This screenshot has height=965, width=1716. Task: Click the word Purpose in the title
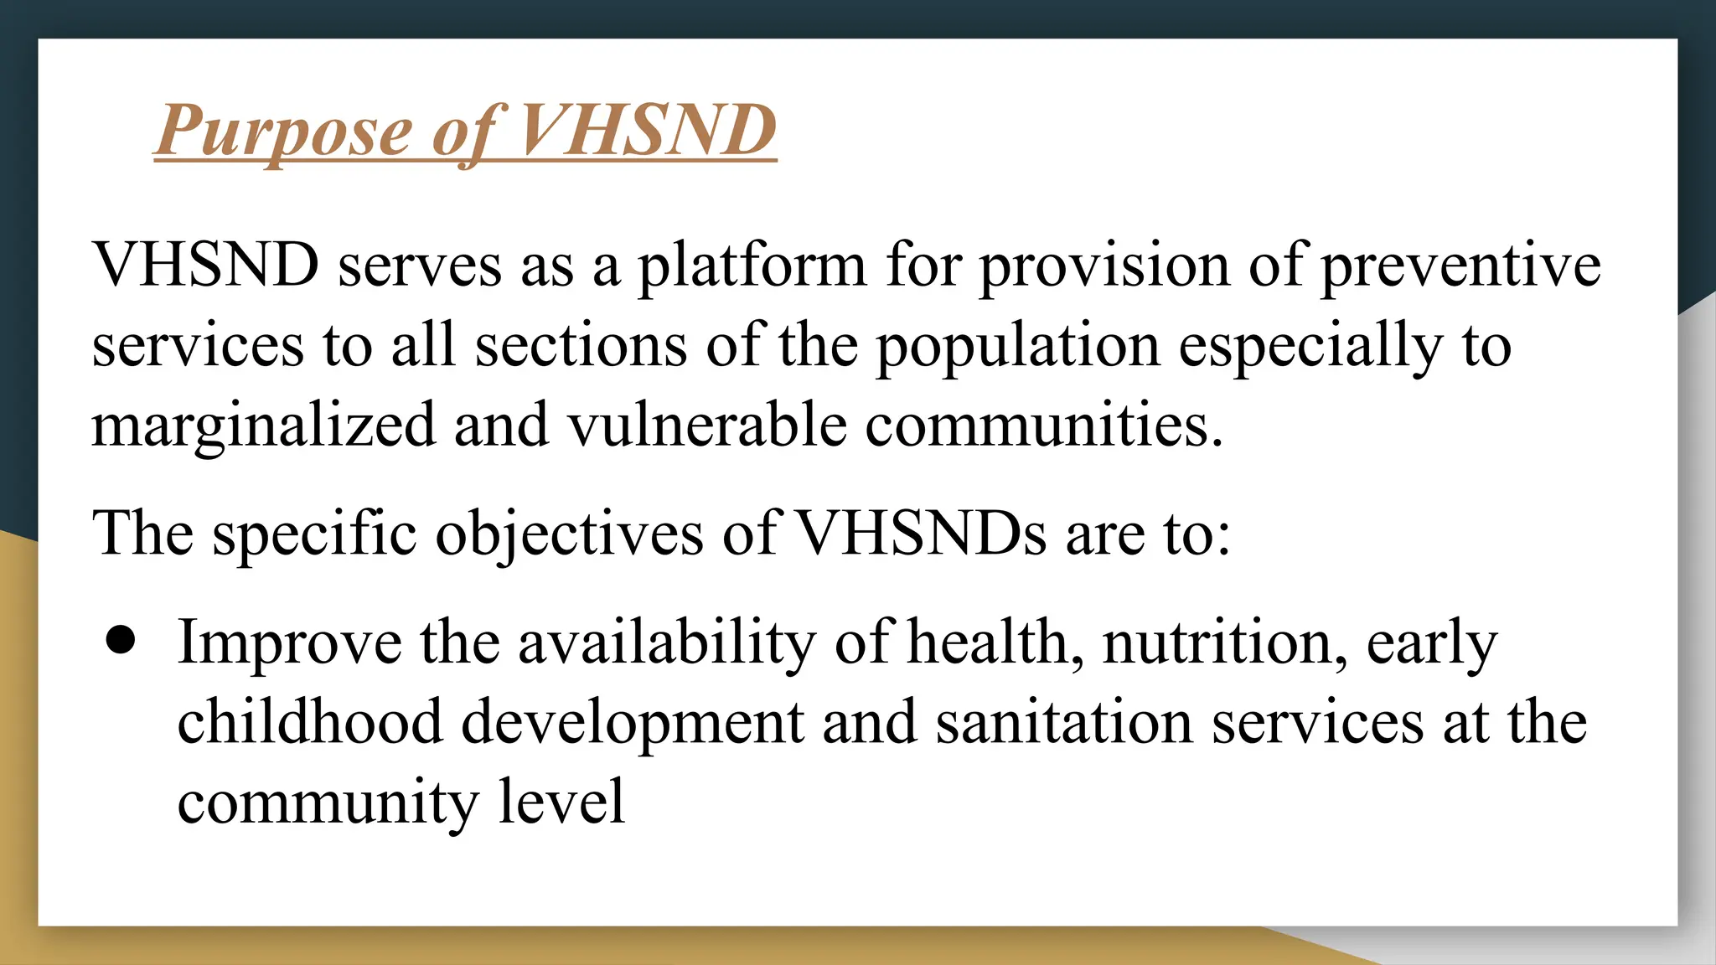pos(283,132)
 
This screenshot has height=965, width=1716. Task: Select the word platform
pos(752,266)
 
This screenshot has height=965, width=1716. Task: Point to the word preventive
pos(1460,266)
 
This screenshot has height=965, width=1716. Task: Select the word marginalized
pos(263,426)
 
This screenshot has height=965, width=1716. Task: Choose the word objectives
pos(569,534)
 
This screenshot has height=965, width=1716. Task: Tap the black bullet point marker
pos(121,641)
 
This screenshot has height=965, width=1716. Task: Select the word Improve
pos(289,643)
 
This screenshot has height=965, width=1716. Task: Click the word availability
pos(666,643)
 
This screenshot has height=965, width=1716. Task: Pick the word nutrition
pos(1224,642)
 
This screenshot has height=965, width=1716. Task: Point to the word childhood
pos(309,722)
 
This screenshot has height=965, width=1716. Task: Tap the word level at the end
pos(561,802)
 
